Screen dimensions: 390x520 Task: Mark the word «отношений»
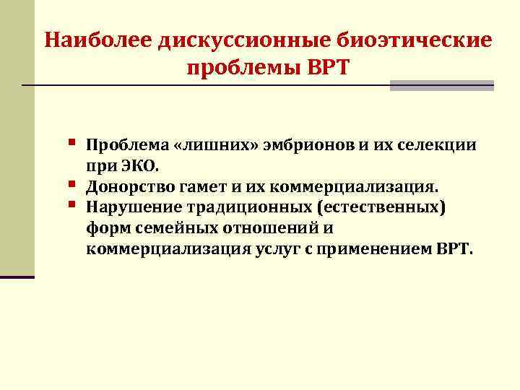(x=270, y=229)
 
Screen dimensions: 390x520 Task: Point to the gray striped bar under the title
(x=441, y=85)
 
